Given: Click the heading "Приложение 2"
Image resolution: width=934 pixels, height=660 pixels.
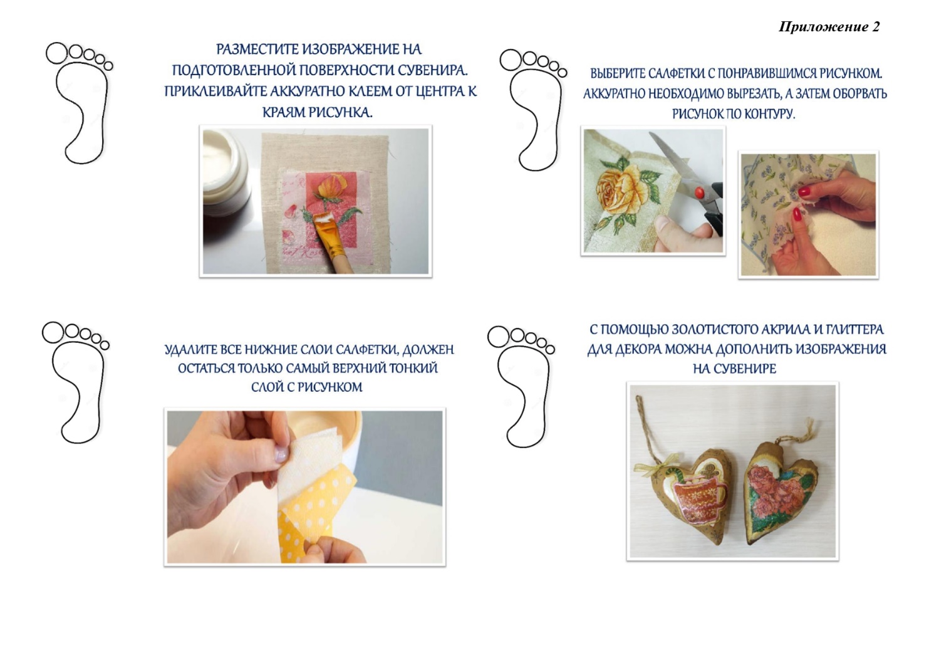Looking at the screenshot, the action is (829, 27).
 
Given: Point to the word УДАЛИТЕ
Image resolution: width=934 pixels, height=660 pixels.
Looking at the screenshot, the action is (191, 350).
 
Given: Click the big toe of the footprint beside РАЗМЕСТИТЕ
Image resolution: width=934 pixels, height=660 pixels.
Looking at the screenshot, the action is (57, 53).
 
